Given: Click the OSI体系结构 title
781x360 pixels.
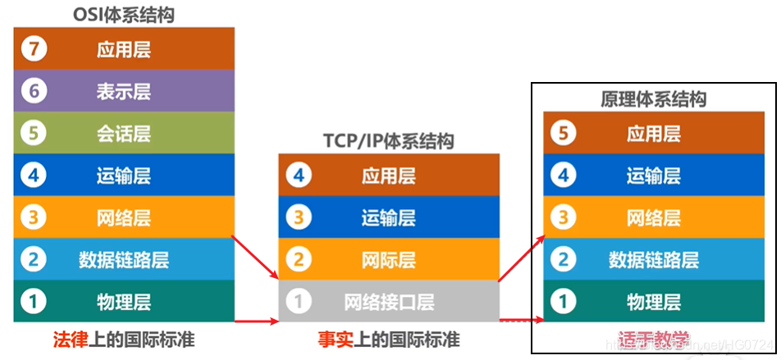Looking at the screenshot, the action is coord(124,15).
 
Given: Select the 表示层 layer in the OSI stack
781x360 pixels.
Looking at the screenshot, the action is coord(124,91).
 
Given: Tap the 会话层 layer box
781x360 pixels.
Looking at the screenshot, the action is coord(124,134).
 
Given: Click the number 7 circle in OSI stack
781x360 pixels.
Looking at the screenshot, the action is coord(34,49).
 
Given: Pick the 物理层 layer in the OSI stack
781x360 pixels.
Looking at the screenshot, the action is coord(124,301).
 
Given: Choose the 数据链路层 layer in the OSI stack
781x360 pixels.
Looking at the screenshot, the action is coord(124,260).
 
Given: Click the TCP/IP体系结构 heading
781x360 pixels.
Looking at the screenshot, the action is coord(388,141).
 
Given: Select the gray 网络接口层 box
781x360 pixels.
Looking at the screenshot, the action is coord(388,301).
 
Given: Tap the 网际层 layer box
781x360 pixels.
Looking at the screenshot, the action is coord(388,260).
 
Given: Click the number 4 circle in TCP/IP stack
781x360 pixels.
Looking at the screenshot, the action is coord(299,175).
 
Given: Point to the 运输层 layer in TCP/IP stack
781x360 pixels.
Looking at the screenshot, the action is coord(388,217).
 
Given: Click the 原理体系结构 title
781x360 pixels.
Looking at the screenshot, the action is coord(654,99).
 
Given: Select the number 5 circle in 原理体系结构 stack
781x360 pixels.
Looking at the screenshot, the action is coord(563,133).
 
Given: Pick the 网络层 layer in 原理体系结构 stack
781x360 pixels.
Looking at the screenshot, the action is coord(654,217).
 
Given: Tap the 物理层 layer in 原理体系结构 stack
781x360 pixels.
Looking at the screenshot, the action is coord(654,301).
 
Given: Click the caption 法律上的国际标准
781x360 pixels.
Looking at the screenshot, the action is coord(124,339).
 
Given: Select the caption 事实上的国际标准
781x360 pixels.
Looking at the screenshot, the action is coord(389,339).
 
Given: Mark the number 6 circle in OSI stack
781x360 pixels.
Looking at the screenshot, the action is coord(34,91).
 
